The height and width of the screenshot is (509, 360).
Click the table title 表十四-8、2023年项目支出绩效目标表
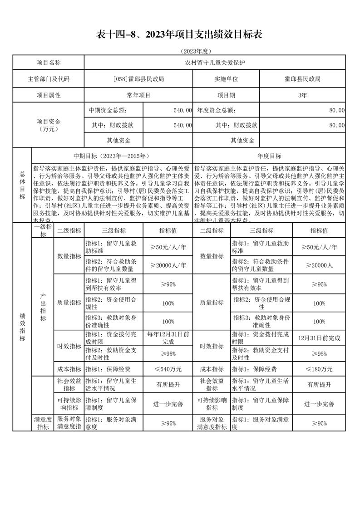tap(180, 34)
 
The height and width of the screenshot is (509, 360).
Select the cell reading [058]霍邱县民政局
tap(138, 78)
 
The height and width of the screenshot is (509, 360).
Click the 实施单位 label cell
tap(226, 78)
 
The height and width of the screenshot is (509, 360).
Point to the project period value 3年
tap(302, 95)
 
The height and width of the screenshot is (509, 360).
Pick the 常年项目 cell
tap(138, 95)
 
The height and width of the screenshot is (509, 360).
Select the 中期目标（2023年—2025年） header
tap(112, 156)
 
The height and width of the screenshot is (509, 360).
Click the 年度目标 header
tap(269, 156)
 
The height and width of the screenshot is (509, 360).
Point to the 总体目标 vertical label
tap(22, 185)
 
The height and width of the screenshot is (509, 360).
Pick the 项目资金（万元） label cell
tap(49, 125)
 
